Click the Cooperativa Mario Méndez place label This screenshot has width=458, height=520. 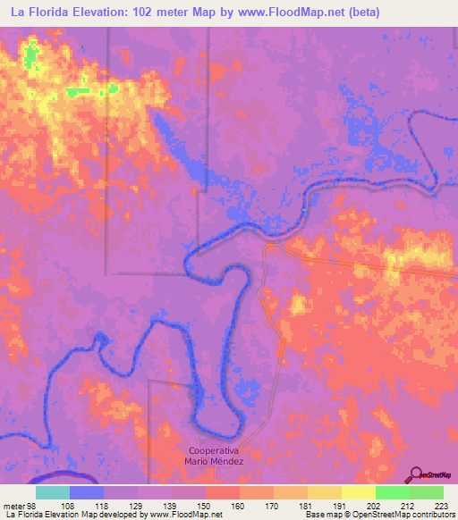[x=215, y=455]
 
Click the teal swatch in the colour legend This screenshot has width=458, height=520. [x=53, y=492]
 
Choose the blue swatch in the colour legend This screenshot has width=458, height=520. [x=87, y=492]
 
